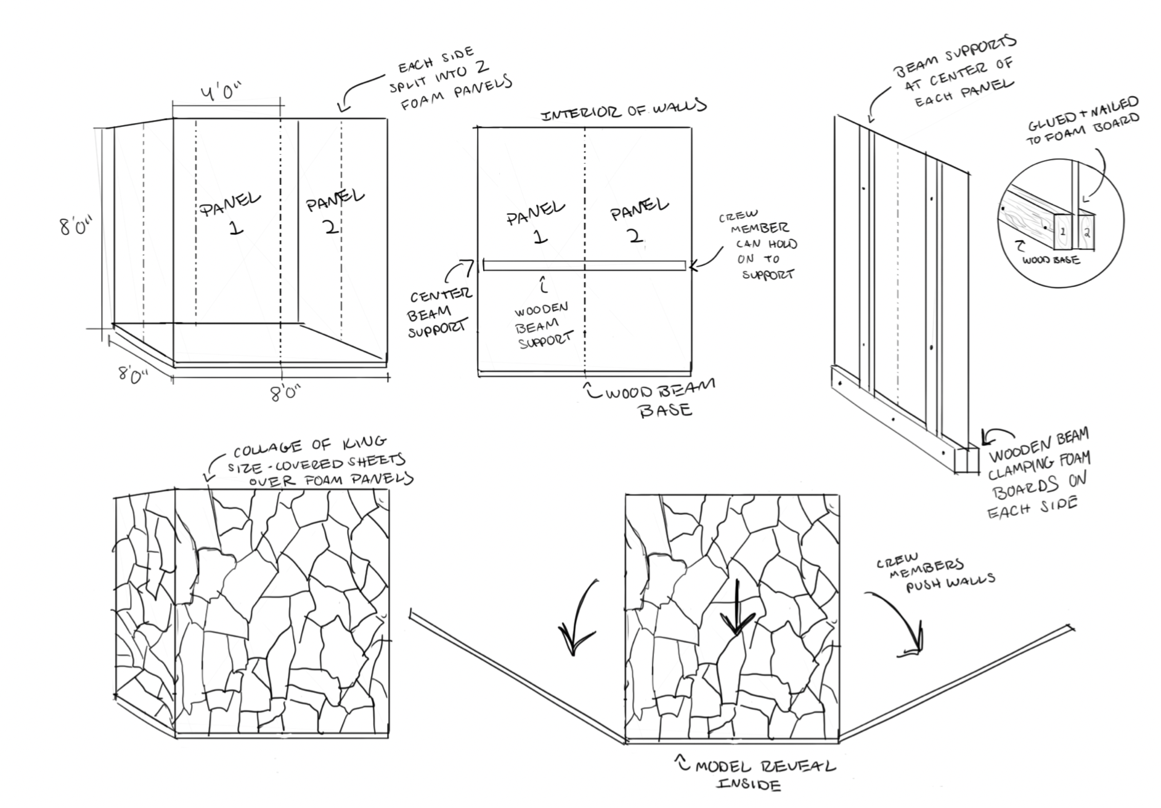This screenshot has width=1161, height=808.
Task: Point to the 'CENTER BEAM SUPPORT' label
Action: click(x=439, y=312)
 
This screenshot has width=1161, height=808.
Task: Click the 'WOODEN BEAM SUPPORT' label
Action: click(x=543, y=325)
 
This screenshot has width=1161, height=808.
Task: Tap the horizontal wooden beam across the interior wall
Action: click(x=584, y=265)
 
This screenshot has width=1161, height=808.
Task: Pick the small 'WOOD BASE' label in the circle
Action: click(x=1051, y=260)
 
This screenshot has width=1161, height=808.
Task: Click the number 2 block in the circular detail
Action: click(x=1086, y=233)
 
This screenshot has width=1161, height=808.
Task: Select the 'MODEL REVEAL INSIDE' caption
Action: click(x=762, y=774)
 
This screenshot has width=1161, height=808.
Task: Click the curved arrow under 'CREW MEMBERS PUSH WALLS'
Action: click(x=898, y=622)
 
